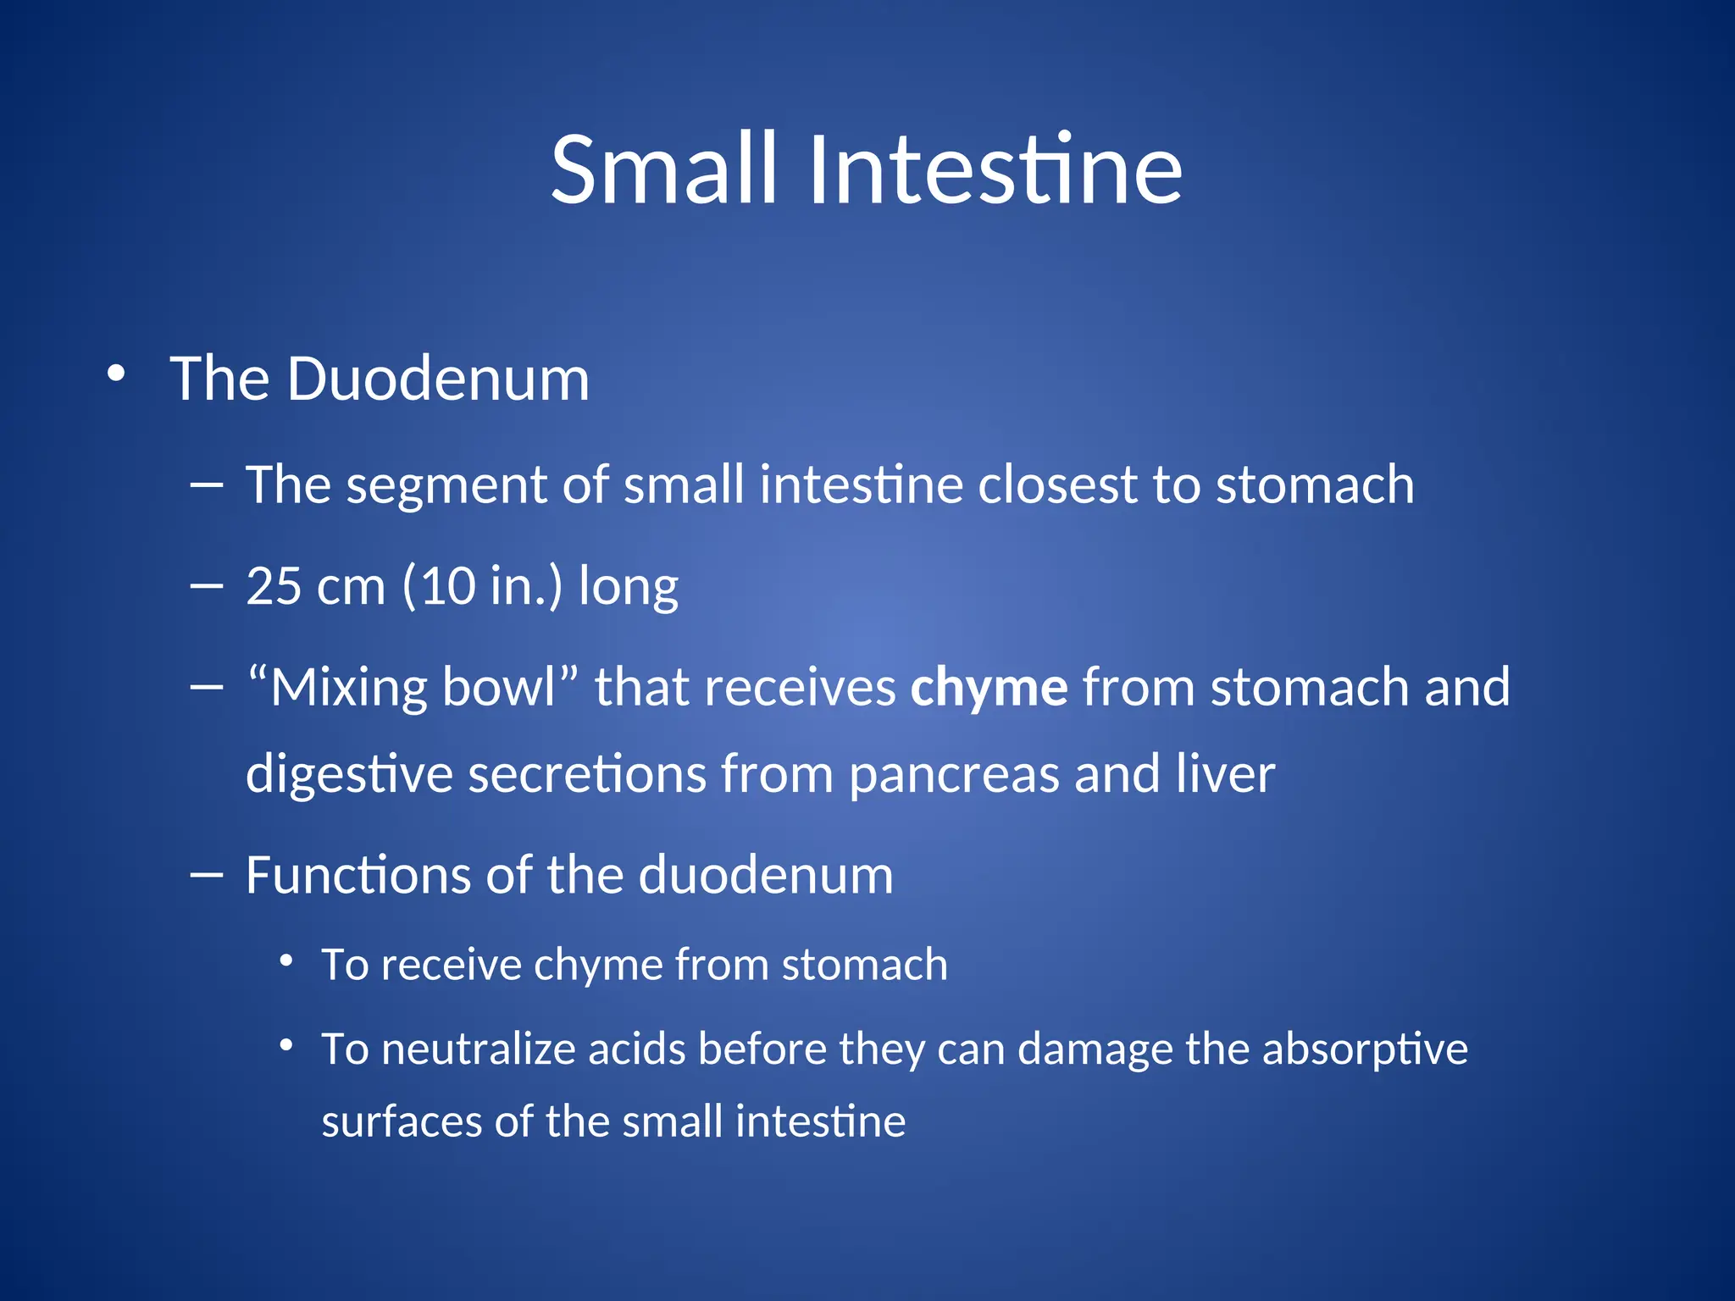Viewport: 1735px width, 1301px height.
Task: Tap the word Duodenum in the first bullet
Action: point(438,379)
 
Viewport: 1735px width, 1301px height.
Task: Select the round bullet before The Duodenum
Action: point(116,374)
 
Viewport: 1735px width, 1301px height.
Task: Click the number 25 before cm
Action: point(274,586)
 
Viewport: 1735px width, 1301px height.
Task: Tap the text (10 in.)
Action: point(482,586)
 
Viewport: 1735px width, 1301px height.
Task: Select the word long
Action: point(628,588)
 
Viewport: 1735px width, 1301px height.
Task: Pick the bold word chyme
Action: point(989,687)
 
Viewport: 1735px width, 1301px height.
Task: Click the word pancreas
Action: point(953,775)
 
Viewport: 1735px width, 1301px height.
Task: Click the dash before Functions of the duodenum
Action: point(207,875)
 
